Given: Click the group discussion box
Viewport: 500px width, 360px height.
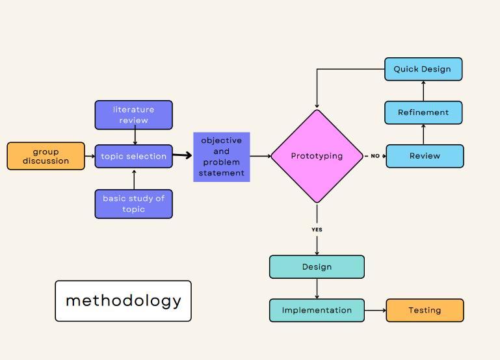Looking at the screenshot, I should (46, 156).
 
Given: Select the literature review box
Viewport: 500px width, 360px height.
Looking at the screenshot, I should (133, 115).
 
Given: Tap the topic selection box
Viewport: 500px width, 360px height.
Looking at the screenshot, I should (133, 156).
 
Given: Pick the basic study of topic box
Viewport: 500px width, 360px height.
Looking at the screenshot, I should (133, 203).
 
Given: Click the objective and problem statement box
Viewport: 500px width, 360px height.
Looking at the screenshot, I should (221, 157).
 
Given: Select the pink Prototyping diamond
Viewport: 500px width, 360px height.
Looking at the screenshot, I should (317, 156).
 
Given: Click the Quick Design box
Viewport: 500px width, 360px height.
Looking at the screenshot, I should (423, 69).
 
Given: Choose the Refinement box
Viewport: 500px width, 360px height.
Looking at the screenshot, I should (423, 112).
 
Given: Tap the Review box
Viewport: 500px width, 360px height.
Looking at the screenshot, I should (425, 156).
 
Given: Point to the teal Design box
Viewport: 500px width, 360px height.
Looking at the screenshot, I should (317, 266).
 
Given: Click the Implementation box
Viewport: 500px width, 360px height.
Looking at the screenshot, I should (317, 310).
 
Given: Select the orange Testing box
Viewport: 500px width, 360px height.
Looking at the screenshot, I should (425, 310).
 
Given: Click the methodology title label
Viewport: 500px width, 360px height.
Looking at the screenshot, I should (123, 301).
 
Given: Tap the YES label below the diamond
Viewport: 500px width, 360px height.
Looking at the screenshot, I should (317, 229).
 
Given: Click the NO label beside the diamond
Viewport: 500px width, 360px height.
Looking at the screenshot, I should (375, 156).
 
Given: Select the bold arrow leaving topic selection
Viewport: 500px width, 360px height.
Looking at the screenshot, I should (183, 155).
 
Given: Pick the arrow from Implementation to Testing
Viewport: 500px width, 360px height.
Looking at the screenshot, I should (375, 310).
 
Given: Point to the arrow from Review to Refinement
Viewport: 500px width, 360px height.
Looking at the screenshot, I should (423, 135).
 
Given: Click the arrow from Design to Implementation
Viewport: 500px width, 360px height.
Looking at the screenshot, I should (317, 289).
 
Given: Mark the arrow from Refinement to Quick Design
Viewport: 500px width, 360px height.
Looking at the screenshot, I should (423, 91).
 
